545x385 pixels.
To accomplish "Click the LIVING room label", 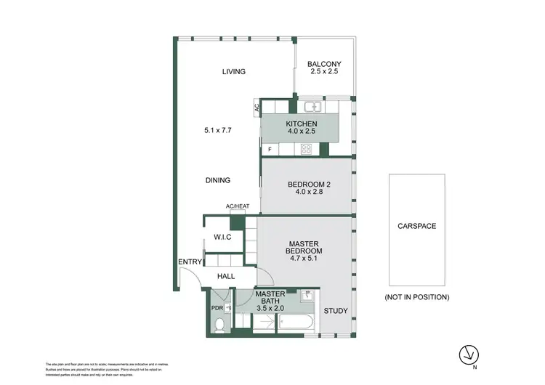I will pos(234,71).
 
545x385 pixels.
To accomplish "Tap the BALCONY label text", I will pos(324,64).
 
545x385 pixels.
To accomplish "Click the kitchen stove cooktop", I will pos(307,150).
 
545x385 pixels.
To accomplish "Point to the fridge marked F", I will pos(270,150).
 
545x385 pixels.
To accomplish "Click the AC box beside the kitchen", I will pos(257,108).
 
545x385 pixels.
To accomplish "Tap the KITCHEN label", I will pos(302,124).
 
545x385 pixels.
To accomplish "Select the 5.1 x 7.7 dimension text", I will pos(217,130).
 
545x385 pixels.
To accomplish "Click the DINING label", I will pos(217,180).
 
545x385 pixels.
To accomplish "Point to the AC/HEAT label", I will pos(238,206).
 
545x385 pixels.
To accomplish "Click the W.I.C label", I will pos(222,237).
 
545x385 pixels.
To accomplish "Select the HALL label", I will pos(227,276).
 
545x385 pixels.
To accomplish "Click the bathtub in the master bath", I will pos(296,325).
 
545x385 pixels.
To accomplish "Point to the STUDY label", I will pos(335,311).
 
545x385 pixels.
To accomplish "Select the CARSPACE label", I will pos(416,226).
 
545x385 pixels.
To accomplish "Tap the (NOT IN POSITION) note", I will pos(416,297).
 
